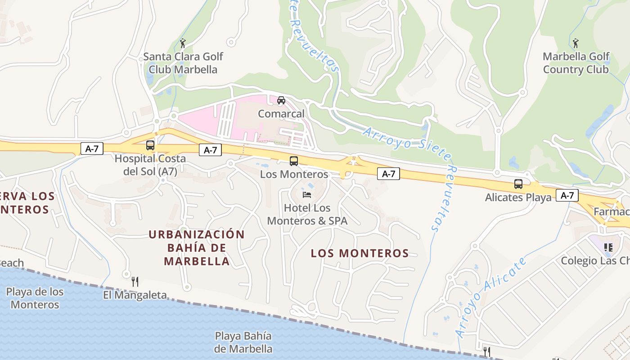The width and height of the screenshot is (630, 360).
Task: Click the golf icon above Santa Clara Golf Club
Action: click(183, 43)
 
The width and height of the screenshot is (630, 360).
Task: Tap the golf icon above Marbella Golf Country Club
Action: click(576, 43)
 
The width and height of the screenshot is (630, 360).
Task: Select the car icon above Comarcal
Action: click(281, 100)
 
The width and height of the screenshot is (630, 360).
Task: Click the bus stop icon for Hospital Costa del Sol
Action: click(150, 145)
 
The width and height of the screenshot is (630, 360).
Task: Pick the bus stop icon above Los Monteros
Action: click(294, 161)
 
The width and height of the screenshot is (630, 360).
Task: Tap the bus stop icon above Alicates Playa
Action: click(518, 184)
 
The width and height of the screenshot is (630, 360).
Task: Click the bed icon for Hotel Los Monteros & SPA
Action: click(307, 195)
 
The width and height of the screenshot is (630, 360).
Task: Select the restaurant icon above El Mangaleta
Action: click(135, 282)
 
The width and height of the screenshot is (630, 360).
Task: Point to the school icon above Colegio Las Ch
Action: click(608, 247)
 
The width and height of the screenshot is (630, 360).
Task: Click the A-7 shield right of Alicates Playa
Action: click(567, 195)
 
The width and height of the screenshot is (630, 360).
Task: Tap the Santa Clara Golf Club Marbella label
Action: click(183, 63)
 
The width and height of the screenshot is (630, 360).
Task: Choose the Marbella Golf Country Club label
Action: click(576, 63)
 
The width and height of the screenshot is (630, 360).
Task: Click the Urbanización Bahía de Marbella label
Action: click(197, 247)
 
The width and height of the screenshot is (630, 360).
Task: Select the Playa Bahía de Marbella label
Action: click(243, 342)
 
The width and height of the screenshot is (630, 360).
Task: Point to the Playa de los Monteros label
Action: click(35, 298)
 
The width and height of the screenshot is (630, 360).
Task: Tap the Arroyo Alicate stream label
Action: click(490, 298)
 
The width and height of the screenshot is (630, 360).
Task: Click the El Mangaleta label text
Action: click(135, 295)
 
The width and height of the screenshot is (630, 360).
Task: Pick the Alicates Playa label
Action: click(518, 198)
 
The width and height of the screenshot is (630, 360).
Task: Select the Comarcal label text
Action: click(281, 114)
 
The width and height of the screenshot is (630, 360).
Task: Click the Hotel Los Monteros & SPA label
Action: click(307, 215)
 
